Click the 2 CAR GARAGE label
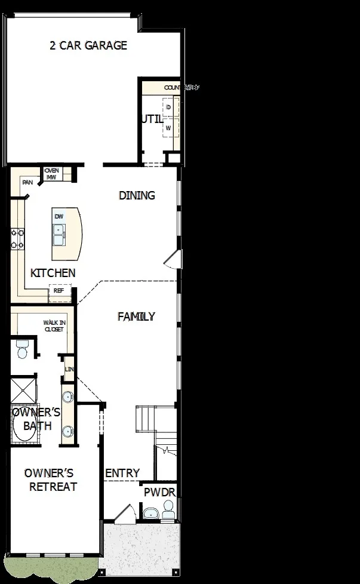tap(88, 45)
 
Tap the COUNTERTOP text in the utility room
tap(181, 88)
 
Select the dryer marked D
tap(169, 107)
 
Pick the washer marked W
tap(169, 128)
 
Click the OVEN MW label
tap(51, 173)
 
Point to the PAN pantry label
tap(27, 182)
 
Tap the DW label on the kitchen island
tap(59, 216)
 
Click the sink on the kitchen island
tap(59, 239)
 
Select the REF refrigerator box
tap(59, 291)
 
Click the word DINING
tap(137, 195)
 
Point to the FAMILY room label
tap(136, 316)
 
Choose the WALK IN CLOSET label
tap(54, 325)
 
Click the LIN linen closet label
tap(69, 370)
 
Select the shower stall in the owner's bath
tap(23, 390)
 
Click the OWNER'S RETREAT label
tap(53, 480)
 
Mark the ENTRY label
tap(122, 473)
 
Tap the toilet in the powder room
tap(168, 509)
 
